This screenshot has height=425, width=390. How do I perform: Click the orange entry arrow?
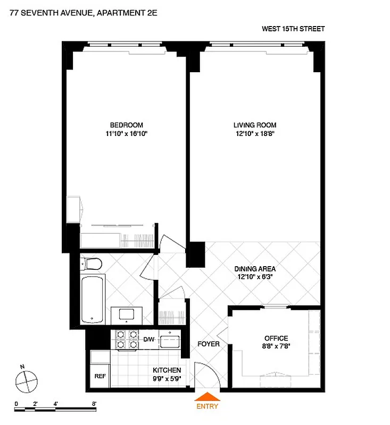207,396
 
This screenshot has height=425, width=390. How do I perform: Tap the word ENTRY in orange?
207,406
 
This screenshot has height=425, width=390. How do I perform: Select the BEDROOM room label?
126,125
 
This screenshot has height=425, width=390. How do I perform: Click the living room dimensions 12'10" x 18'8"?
255,134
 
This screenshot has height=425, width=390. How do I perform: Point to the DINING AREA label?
255,269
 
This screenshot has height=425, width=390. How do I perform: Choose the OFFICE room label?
276,338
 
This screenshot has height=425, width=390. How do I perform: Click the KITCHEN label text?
167,370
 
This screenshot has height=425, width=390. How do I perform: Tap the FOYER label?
208,344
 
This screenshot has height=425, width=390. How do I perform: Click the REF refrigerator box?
99,376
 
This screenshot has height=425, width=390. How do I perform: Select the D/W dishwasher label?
149,339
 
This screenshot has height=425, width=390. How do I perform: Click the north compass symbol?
27,380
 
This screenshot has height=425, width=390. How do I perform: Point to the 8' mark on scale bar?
94,404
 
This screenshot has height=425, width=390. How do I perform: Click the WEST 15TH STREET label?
293,29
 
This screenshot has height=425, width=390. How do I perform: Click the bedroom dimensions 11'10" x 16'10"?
126,134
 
